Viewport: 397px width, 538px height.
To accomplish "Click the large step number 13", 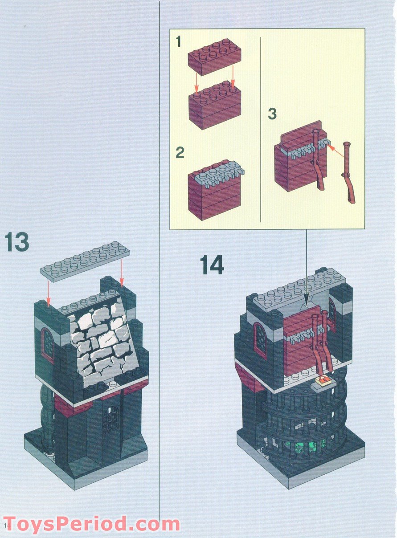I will pos(17,242).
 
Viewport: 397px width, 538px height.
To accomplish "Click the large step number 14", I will pos(211,265).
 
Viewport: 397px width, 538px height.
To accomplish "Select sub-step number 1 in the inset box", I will pos(179,43).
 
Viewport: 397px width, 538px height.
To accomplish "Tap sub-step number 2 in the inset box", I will pos(180,153).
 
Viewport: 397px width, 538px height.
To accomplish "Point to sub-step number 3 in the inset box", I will pos(272,114).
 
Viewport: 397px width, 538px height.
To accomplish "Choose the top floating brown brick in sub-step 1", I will pos(214,55).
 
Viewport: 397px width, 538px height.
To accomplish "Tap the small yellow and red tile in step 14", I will pos(323,380).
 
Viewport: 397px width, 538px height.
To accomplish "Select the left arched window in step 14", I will pos(261,339).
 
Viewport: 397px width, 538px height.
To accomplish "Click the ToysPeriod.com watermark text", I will pos(91,524).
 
